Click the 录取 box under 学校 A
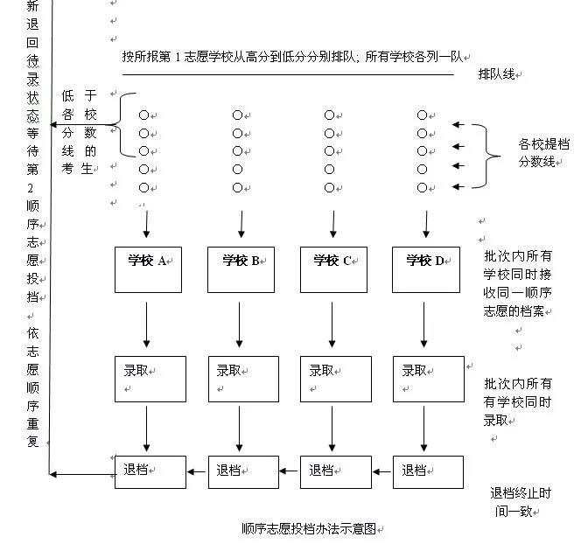pyautogui.click(x=150, y=379)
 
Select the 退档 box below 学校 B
pyautogui.click(x=243, y=472)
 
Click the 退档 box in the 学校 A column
pyautogui.click(x=150, y=472)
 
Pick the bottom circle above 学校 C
pyautogui.click(x=329, y=188)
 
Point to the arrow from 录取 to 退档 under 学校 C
pyautogui.click(x=332, y=428)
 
